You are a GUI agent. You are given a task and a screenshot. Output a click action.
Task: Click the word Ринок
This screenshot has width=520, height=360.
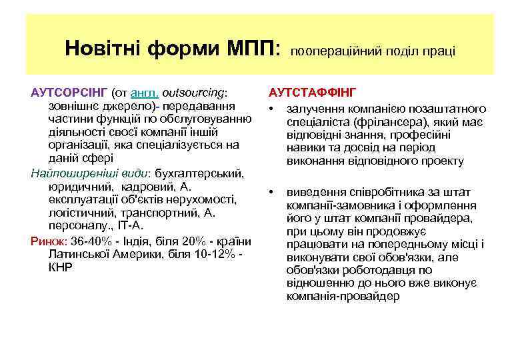(x=47, y=241)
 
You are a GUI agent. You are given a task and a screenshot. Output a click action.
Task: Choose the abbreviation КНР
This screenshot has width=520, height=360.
(x=61, y=267)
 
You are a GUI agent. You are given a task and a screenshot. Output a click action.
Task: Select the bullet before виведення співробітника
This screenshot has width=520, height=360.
(x=272, y=192)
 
